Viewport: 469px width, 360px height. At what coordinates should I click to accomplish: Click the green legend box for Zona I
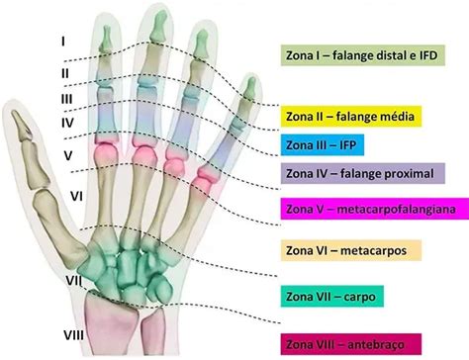pyautogui.click(x=363, y=55)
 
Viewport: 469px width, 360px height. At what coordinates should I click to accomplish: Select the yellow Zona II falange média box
pyautogui.click(x=351, y=117)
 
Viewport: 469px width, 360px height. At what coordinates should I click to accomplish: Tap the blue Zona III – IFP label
pyautogui.click(x=323, y=144)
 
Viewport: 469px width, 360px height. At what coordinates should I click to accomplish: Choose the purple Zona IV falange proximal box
pyautogui.click(x=363, y=173)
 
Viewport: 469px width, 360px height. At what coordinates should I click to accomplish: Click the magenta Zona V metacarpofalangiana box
pyautogui.click(x=375, y=209)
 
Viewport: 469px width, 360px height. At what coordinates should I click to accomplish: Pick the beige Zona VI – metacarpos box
pyautogui.click(x=351, y=250)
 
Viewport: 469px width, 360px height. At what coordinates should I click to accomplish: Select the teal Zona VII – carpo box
pyautogui.click(x=332, y=297)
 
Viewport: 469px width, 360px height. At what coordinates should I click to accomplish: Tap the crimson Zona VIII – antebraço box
pyautogui.click(x=351, y=344)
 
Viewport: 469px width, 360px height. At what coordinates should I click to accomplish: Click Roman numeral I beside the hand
pyautogui.click(x=62, y=42)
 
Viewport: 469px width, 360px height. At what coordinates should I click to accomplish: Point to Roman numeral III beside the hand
pyautogui.click(x=66, y=99)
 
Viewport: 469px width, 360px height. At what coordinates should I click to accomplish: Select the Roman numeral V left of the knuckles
pyautogui.click(x=68, y=155)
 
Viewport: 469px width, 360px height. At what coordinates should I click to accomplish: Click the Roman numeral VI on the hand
pyautogui.click(x=76, y=197)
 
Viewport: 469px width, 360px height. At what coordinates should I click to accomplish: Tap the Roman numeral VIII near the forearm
pyautogui.click(x=73, y=335)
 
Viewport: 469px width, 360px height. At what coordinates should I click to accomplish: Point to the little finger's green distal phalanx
pyautogui.click(x=251, y=88)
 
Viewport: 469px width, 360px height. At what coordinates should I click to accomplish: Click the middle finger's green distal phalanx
pyautogui.click(x=158, y=27)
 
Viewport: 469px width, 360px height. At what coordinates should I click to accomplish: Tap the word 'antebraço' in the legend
pyautogui.click(x=376, y=345)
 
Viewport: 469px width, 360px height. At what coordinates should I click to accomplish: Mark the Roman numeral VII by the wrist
pyautogui.click(x=74, y=281)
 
